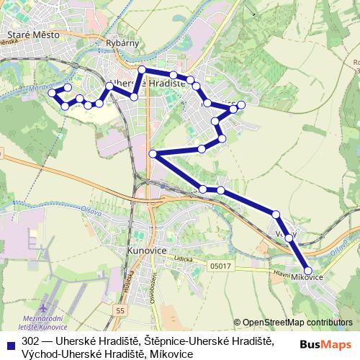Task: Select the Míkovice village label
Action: click(x=306, y=277)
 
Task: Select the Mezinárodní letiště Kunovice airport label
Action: click(x=45, y=323)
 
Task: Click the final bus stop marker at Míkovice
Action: click(x=308, y=270)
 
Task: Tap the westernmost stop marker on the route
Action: click(x=51, y=94)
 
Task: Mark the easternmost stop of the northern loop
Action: click(x=241, y=105)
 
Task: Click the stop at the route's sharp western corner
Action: click(x=153, y=154)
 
